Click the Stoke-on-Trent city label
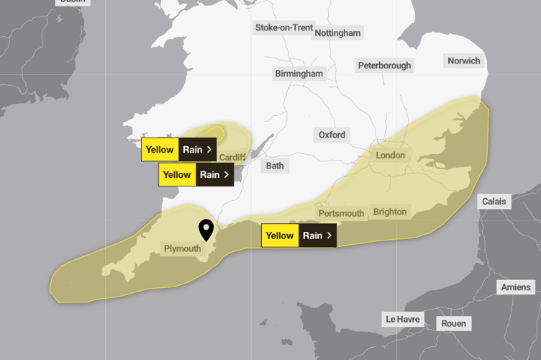point(284,28)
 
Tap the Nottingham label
point(337,33)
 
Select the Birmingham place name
point(299,73)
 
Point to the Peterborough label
point(385,66)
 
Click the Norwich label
point(463,60)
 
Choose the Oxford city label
point(332,135)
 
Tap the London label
point(390,155)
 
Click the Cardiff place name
point(232,157)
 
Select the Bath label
point(275,166)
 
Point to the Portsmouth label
point(341,213)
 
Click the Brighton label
point(390,212)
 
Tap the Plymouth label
point(182,249)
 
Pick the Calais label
point(494,202)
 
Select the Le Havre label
point(402,319)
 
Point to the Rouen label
point(453,323)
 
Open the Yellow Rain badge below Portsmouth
point(298,235)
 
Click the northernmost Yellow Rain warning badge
point(178,150)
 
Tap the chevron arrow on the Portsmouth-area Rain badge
point(329,235)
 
